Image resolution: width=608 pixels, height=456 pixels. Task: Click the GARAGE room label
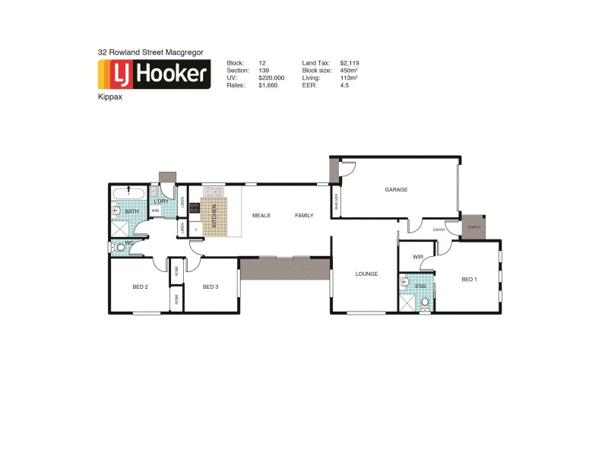[x=396, y=190]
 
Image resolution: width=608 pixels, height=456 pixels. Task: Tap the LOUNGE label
[x=366, y=274]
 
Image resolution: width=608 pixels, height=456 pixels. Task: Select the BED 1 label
[x=470, y=280]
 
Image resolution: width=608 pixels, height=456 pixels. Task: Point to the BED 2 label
[x=140, y=287]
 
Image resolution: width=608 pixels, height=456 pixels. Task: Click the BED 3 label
[x=211, y=287]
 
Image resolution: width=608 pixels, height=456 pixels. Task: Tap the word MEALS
[x=261, y=216]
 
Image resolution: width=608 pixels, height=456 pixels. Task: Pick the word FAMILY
[x=304, y=216]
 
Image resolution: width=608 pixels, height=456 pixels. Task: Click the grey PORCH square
[x=473, y=226]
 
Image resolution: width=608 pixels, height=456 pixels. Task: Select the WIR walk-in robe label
[x=417, y=258]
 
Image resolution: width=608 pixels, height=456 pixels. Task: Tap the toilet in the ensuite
[x=425, y=304]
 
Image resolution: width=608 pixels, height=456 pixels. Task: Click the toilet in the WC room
[x=118, y=247]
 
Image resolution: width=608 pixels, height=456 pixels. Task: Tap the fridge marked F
[x=196, y=228]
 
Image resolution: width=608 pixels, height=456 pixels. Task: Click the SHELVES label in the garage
[x=336, y=201]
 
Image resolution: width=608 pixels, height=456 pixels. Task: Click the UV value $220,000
[x=271, y=78]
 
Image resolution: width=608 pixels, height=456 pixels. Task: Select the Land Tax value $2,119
[x=351, y=63]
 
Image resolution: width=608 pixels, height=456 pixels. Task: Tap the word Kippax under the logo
[x=110, y=97]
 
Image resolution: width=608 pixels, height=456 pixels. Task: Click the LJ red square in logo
[x=118, y=74]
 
